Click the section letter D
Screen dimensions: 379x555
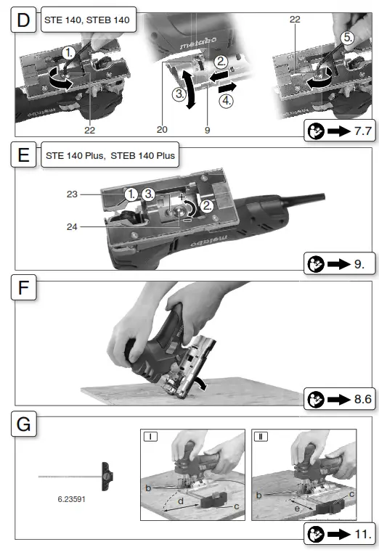[23, 20]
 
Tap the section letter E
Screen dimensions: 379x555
[23, 155]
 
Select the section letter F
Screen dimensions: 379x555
[23, 287]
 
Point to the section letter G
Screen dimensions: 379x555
[23, 424]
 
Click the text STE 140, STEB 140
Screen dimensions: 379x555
[87, 20]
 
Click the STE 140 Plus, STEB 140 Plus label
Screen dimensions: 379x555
[110, 156]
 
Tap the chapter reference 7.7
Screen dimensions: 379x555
[363, 131]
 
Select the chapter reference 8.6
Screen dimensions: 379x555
[363, 399]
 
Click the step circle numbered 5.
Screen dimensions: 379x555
[348, 38]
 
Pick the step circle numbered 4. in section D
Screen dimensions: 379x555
[226, 102]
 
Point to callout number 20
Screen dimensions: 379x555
[162, 130]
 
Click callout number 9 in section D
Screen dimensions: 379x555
[207, 131]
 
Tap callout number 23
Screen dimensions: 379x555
[72, 194]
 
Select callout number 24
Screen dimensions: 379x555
[72, 226]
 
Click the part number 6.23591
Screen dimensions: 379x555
[72, 499]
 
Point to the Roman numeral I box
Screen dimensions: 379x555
[150, 437]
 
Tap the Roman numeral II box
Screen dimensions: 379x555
[261, 437]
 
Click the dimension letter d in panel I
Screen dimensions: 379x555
[181, 501]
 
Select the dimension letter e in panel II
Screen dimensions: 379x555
[297, 509]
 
